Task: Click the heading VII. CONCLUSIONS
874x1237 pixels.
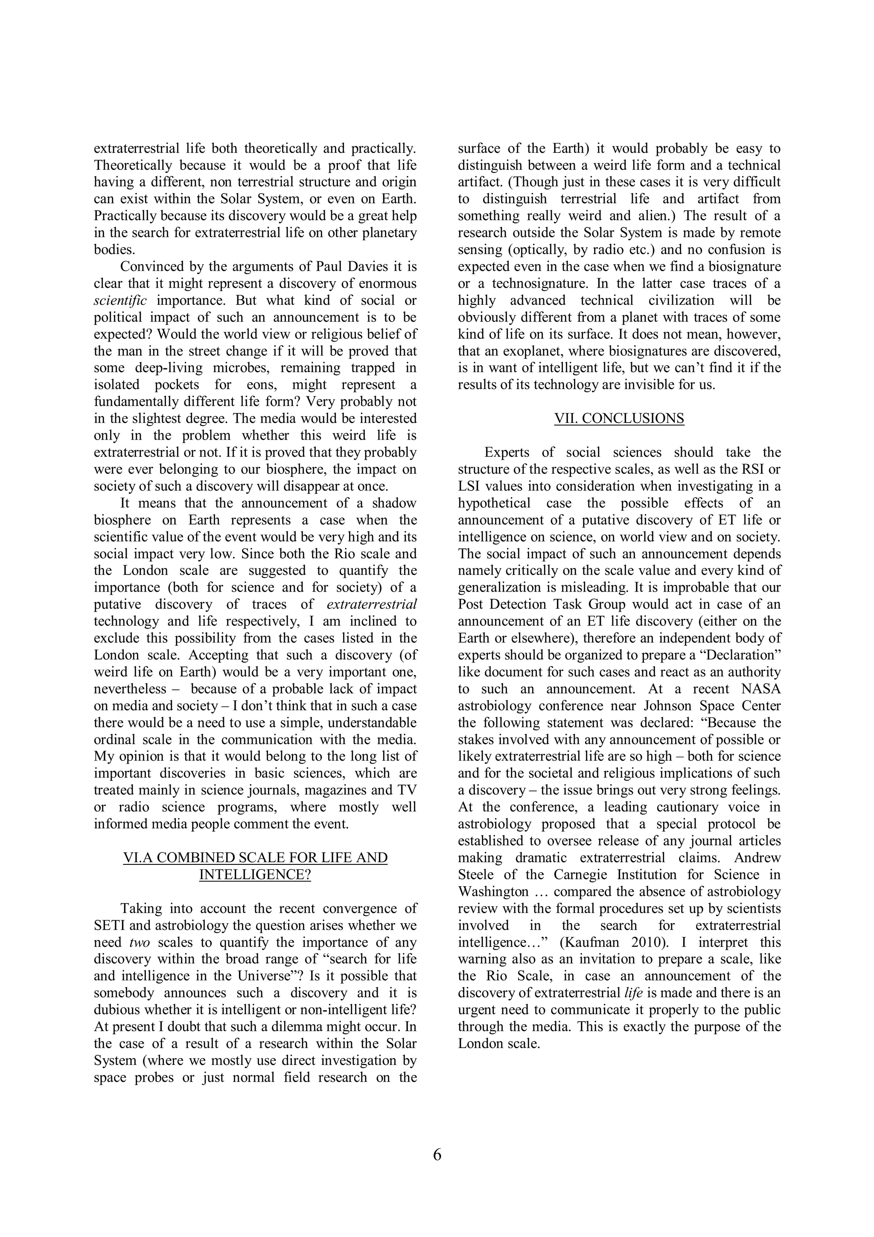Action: pos(619,419)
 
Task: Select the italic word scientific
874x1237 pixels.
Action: pos(120,300)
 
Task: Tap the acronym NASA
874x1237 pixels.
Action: pos(760,689)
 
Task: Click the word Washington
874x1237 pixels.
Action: pos(493,892)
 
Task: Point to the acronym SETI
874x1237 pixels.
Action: pos(111,925)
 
